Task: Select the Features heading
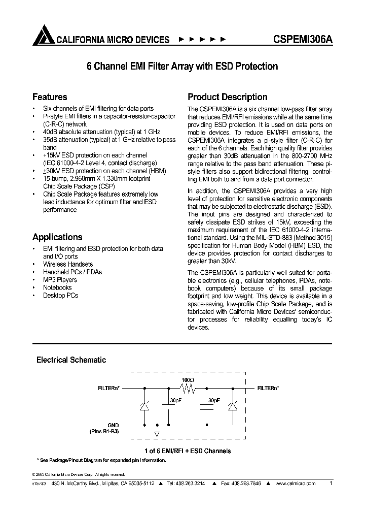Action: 50,97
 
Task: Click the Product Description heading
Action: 228,97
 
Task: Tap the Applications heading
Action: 57,237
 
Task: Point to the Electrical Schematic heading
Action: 71,360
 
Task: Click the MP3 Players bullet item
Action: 60,280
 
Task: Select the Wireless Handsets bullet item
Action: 67,265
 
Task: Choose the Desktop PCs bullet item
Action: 60,295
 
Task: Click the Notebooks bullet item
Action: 57,287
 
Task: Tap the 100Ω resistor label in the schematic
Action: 188,379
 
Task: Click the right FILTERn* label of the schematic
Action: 268,388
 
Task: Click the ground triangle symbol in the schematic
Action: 157,434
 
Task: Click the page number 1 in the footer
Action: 331,484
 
